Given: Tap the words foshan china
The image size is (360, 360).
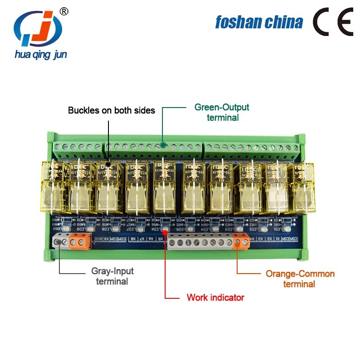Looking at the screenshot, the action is pyautogui.click(x=259, y=22).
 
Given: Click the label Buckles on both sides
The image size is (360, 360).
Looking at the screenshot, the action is pyautogui.click(x=111, y=110).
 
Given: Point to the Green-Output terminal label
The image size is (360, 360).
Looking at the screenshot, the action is pyautogui.click(x=222, y=112).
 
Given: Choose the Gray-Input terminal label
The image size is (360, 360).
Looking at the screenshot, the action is pyautogui.click(x=112, y=276).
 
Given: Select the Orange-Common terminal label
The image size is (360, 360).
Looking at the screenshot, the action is pyautogui.click(x=300, y=279).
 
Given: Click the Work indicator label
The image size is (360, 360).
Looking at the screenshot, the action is pyautogui.click(x=215, y=297).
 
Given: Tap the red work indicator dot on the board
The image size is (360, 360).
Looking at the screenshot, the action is pyautogui.click(x=165, y=233).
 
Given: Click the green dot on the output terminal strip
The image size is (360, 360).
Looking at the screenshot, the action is pyautogui.click(x=163, y=146).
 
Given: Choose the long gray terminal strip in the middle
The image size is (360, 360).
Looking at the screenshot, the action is pyautogui.click(x=200, y=243).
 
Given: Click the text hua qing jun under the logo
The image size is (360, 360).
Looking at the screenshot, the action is pyautogui.click(x=40, y=54).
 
